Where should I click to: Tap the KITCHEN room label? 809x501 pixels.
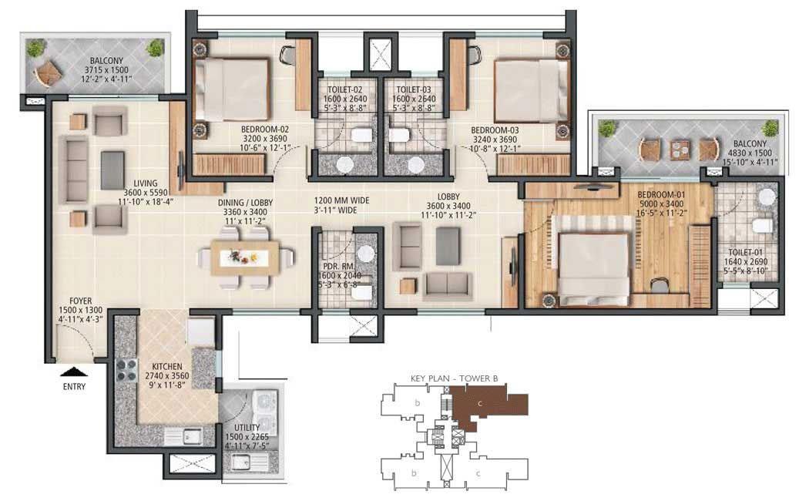166,367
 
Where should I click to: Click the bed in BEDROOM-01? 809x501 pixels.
593,267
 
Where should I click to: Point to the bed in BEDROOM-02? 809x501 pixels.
232,89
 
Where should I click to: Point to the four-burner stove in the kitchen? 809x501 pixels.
125,373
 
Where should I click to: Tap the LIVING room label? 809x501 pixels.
144,183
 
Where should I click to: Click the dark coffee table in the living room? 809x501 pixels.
112,170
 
